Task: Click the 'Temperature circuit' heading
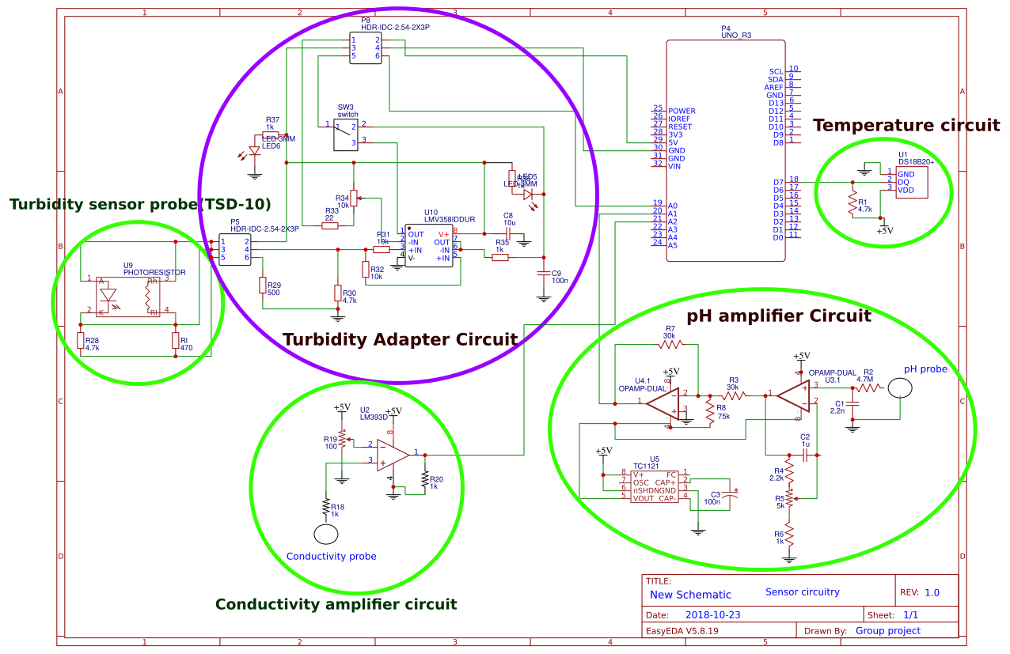click(x=906, y=126)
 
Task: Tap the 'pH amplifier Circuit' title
click(x=779, y=316)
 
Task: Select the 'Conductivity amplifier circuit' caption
click(x=336, y=604)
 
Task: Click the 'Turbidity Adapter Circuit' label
click(x=400, y=339)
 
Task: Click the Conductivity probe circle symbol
click(x=325, y=534)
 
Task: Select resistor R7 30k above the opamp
click(x=670, y=345)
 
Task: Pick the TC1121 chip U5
click(x=654, y=486)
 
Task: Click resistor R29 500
click(x=261, y=285)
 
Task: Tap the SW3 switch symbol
click(x=346, y=135)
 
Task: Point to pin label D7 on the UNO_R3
click(x=777, y=183)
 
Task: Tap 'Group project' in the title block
click(x=887, y=630)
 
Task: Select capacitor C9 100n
click(x=543, y=274)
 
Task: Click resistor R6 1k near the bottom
click(x=788, y=538)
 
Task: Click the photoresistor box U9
click(x=130, y=297)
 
